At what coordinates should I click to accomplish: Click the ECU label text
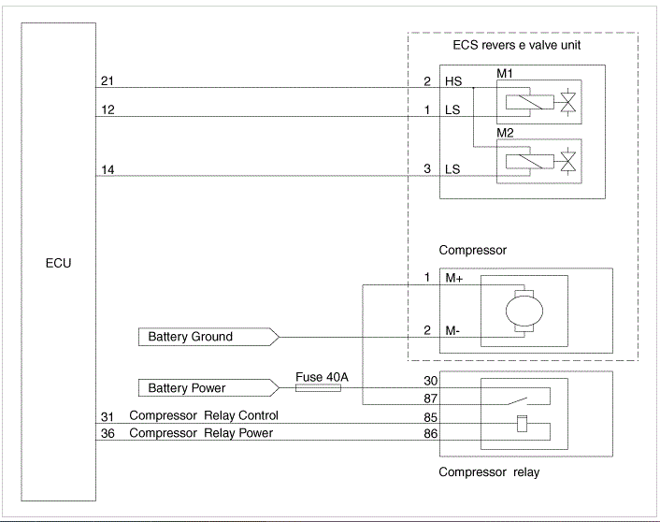pyautogui.click(x=59, y=263)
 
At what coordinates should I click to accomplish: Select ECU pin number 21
pyautogui.click(x=108, y=80)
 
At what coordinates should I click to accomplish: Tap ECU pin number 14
pyautogui.click(x=108, y=169)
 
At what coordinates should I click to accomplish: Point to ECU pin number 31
pyautogui.click(x=108, y=416)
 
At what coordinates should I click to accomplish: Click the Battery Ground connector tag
pyautogui.click(x=208, y=337)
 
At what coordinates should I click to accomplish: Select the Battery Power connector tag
pyautogui.click(x=208, y=387)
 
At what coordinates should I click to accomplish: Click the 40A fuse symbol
pyautogui.click(x=318, y=387)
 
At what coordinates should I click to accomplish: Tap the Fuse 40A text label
pyautogui.click(x=322, y=377)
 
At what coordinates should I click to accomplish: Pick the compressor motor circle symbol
pyautogui.click(x=524, y=312)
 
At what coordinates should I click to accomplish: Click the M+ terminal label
pyautogui.click(x=454, y=278)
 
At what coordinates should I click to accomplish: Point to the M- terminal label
pyautogui.click(x=452, y=331)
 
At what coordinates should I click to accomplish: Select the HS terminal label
pyautogui.click(x=453, y=81)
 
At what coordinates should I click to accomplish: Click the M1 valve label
pyautogui.click(x=505, y=73)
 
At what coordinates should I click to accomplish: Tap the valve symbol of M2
pyautogui.click(x=568, y=162)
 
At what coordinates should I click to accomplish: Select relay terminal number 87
pyautogui.click(x=430, y=399)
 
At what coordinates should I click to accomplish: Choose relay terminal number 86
pyautogui.click(x=430, y=433)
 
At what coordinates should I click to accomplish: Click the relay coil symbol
pyautogui.click(x=522, y=424)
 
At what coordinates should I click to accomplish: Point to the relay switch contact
pyautogui.click(x=518, y=400)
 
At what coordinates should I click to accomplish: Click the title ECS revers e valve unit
pyautogui.click(x=516, y=45)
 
